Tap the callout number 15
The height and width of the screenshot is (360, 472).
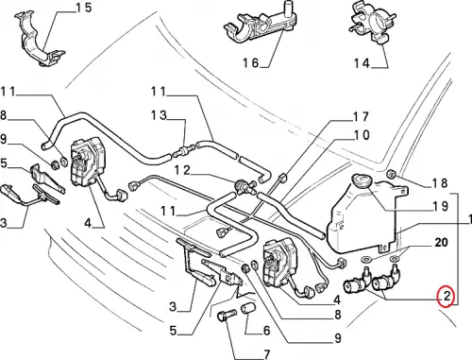[x=84, y=8]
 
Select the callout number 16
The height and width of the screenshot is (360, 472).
[x=250, y=63]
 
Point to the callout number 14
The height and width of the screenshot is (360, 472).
[x=362, y=63]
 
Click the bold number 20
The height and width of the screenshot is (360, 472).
[x=441, y=242]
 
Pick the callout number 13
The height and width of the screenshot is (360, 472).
[x=159, y=115]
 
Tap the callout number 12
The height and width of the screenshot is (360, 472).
[x=182, y=170]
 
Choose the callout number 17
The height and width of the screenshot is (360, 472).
[x=361, y=116]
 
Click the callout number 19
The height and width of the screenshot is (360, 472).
[x=441, y=206]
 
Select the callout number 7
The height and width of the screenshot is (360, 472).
[x=266, y=354]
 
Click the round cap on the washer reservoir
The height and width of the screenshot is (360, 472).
[x=362, y=180]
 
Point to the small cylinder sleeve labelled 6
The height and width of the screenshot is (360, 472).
[x=247, y=308]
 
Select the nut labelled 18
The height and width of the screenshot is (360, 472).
[x=391, y=173]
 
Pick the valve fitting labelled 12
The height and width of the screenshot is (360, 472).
[x=243, y=185]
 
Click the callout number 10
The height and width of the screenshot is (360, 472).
[x=362, y=135]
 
